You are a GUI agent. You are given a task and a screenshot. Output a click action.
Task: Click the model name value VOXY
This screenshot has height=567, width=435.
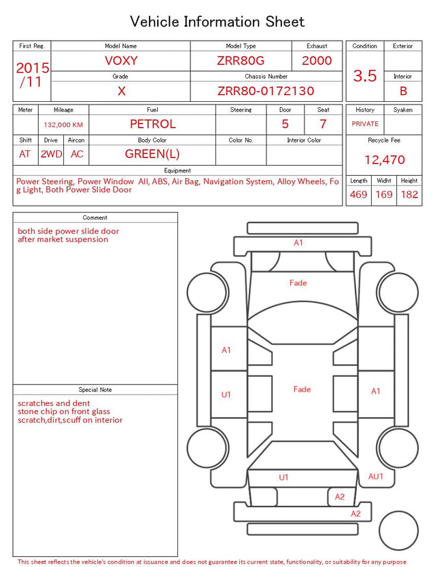tap(121, 60)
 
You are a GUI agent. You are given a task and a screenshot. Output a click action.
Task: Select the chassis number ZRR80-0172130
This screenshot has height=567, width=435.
tap(266, 91)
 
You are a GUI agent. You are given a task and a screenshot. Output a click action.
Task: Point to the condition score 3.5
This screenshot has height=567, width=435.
tap(365, 75)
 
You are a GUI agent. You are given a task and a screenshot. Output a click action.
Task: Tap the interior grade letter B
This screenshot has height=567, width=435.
tap(403, 91)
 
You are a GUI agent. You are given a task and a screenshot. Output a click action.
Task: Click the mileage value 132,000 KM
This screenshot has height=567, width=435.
tap(63, 125)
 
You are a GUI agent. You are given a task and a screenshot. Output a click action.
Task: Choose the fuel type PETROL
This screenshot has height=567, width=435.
tap(153, 124)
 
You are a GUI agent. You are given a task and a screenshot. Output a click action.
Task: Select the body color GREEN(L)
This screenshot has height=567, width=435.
tap(152, 154)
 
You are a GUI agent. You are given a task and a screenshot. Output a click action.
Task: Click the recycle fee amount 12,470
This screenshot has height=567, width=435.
tap(384, 160)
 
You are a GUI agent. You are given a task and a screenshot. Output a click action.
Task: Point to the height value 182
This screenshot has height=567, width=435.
tap(409, 194)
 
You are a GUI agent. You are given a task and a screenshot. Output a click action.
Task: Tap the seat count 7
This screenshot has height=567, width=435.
tap(323, 124)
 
